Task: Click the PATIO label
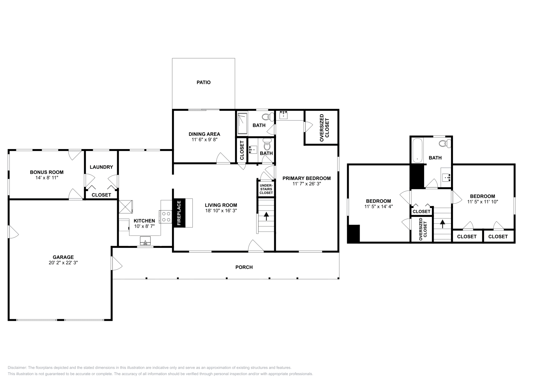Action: [x=203, y=82]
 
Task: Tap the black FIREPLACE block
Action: [x=179, y=213]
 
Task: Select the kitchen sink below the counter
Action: [x=145, y=242]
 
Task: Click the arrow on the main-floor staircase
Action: [x=266, y=216]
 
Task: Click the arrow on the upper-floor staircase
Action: [x=442, y=224]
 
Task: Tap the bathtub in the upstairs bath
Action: [x=417, y=150]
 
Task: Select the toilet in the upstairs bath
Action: [x=443, y=144]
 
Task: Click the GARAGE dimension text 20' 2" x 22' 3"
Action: [x=63, y=263]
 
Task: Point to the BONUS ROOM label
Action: [x=47, y=172]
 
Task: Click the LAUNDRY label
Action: [x=101, y=167]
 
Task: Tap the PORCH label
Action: [x=244, y=267]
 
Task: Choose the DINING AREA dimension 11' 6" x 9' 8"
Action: [x=204, y=139]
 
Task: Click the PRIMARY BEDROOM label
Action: [x=307, y=178]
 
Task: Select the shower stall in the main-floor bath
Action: [x=242, y=123]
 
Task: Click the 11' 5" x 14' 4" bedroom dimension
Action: [x=378, y=206]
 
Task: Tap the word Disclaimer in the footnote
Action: [x=17, y=368]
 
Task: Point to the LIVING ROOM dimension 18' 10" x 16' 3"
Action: [x=221, y=210]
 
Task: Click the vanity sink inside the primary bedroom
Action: [x=283, y=115]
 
